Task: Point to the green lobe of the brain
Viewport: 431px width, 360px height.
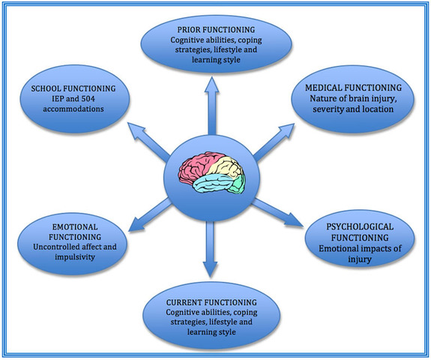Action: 238,181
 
